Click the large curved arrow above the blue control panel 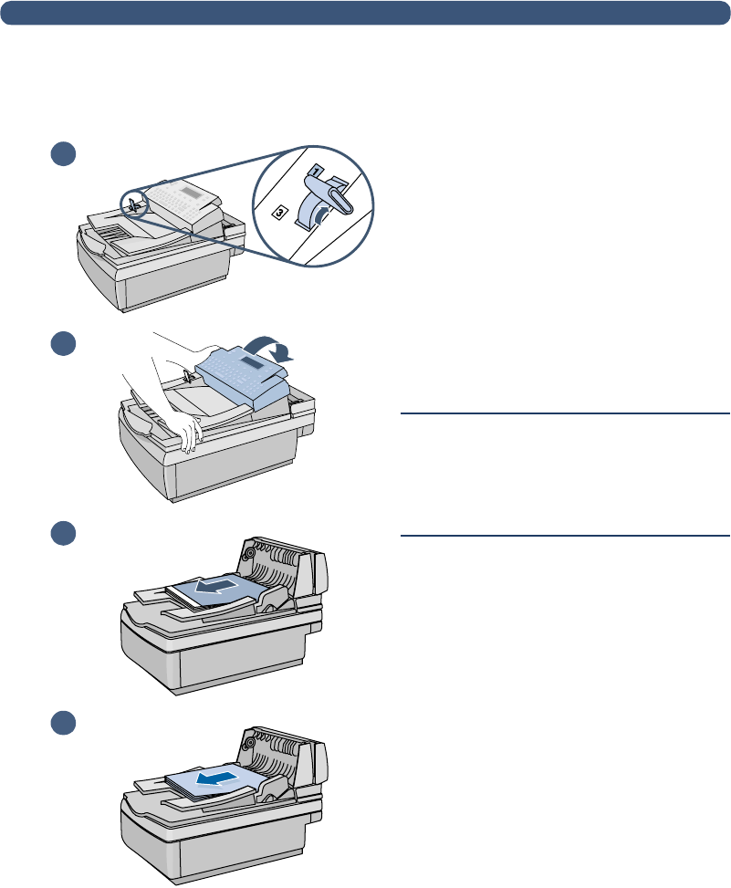coord(278,347)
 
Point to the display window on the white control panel coord(191,193)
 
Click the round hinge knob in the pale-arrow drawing coord(247,552)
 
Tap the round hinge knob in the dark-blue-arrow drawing coord(247,742)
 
